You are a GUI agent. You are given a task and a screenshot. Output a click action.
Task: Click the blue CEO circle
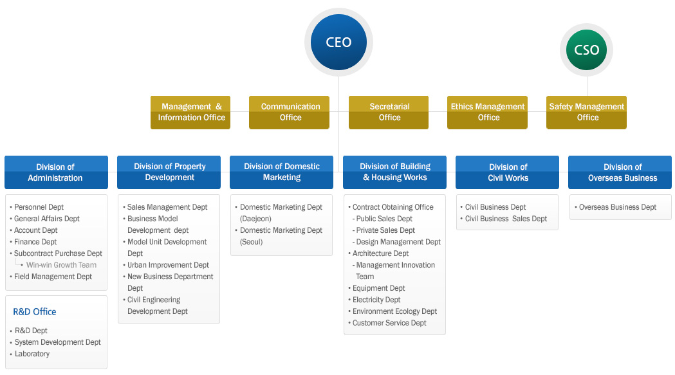tap(339, 42)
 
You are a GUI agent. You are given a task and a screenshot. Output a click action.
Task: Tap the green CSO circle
tap(586, 50)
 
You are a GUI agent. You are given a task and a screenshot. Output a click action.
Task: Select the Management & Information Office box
tap(190, 113)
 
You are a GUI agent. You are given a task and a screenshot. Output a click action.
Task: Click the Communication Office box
tap(290, 113)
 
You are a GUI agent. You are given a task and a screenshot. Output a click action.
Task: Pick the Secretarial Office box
tap(389, 113)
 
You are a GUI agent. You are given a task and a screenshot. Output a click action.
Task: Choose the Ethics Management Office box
tap(487, 113)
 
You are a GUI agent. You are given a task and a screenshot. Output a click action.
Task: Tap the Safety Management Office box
tap(586, 113)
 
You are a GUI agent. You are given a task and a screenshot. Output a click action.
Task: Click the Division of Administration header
tap(57, 172)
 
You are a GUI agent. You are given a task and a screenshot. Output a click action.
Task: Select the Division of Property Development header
tap(169, 172)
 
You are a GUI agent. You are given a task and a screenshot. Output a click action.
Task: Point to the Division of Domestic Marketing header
tap(282, 172)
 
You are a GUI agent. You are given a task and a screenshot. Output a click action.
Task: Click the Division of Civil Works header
tap(507, 172)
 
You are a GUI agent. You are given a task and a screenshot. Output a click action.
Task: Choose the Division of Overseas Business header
tap(620, 172)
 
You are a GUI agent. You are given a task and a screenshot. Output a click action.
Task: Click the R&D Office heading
tap(35, 312)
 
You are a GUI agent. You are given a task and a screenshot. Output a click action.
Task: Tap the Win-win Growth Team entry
tap(61, 265)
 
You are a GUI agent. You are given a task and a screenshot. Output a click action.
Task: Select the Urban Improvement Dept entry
tap(168, 265)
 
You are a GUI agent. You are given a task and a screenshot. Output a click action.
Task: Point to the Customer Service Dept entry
tap(389, 323)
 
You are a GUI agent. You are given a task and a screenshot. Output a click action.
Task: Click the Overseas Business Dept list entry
tap(617, 207)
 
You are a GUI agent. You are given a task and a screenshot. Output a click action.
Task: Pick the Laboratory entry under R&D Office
tap(32, 354)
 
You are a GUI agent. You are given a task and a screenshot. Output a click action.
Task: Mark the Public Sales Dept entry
tap(384, 219)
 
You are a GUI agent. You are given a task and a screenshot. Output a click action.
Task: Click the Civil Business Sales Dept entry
tap(506, 219)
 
